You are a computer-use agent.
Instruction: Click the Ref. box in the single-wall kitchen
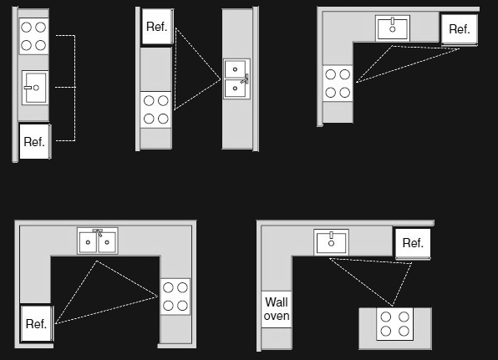(x=34, y=142)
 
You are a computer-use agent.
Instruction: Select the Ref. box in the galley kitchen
(x=157, y=27)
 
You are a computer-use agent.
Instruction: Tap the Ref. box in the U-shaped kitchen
(x=37, y=323)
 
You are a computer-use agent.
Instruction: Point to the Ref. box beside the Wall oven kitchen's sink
(x=413, y=243)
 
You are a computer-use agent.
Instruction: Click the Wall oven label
(x=277, y=309)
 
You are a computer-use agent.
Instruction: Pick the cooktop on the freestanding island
(x=394, y=324)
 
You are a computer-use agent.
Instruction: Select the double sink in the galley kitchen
(x=236, y=79)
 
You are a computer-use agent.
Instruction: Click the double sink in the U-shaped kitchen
(x=98, y=241)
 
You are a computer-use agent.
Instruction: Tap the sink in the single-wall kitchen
(x=35, y=88)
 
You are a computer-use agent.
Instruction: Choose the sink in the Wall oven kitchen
(x=331, y=242)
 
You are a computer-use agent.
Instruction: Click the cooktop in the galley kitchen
(x=155, y=110)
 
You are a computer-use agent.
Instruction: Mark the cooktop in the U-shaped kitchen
(x=175, y=297)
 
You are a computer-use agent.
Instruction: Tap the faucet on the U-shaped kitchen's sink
(x=98, y=232)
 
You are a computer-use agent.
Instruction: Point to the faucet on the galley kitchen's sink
(x=245, y=79)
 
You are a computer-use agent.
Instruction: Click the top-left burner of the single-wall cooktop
(x=27, y=28)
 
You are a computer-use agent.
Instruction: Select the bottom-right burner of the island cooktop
(x=404, y=331)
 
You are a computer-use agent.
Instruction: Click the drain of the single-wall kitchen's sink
(x=36, y=88)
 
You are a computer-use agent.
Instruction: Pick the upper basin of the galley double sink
(x=235, y=69)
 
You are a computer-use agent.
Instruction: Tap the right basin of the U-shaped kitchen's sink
(x=107, y=242)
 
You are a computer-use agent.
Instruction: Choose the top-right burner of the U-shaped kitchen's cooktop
(x=182, y=287)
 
